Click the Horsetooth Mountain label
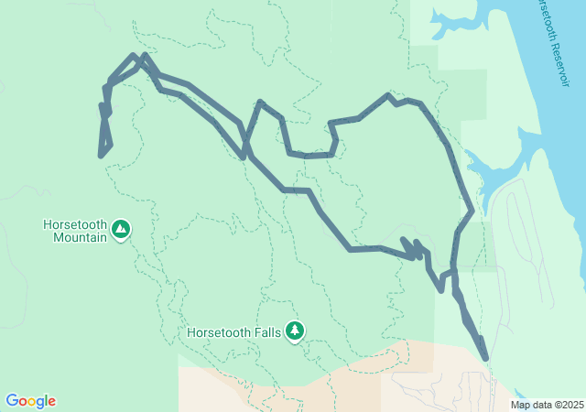tap(75, 230)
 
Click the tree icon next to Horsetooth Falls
tap(294, 330)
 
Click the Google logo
tap(30, 401)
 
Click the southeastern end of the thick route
tap(484, 358)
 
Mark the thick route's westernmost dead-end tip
tap(100, 156)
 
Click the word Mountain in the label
tap(75, 236)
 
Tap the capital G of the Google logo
tap(12, 401)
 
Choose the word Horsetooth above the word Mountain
tap(75, 224)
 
